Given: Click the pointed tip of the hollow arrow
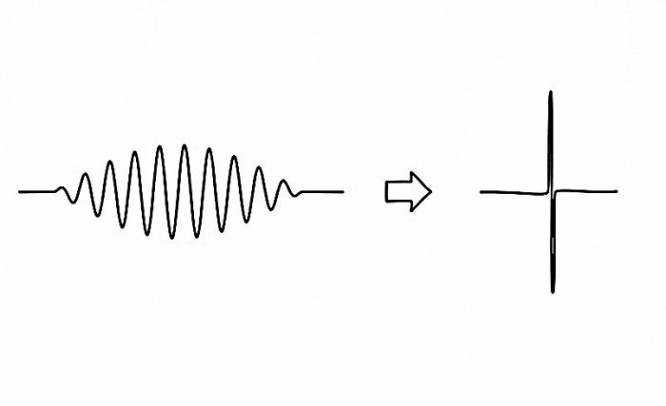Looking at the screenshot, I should (430, 192).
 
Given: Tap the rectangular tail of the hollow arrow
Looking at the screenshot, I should (393, 192).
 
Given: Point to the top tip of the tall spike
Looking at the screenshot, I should (551, 92).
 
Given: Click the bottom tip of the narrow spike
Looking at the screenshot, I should (552, 291).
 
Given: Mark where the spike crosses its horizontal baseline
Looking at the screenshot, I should (552, 191).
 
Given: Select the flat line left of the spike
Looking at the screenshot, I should (514, 192).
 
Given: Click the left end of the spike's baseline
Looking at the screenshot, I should (481, 192).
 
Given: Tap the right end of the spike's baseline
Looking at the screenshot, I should (617, 191).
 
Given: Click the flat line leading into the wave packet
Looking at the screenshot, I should (38, 191).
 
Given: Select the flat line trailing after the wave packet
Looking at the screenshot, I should (323, 192).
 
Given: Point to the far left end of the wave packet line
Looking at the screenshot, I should (19, 191).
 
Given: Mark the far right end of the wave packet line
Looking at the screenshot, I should (343, 192).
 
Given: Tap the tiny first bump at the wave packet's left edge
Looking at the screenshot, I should (64, 186).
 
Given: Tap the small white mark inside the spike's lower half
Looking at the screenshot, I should (552, 248).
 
